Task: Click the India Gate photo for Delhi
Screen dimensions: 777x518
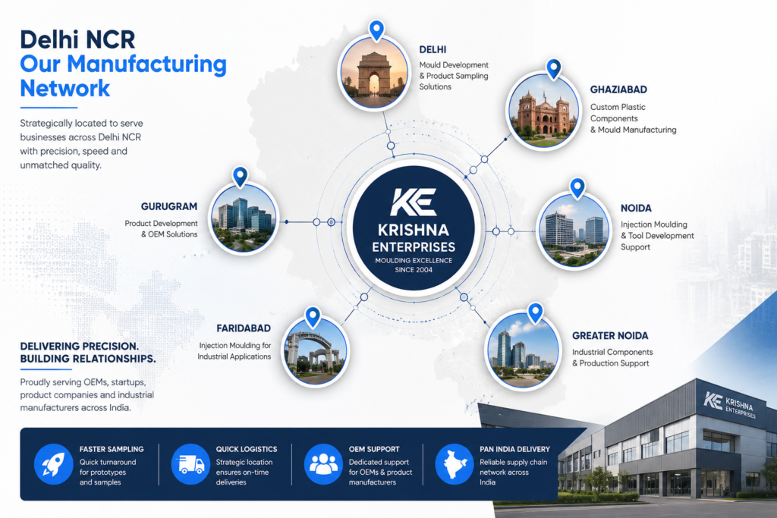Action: pos(374,73)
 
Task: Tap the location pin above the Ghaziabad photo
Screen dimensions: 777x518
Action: pos(553,69)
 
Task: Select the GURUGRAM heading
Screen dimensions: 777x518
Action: pos(169,206)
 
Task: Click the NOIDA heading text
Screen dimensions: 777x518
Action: pos(636,209)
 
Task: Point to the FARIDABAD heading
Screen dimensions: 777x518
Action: pos(244,328)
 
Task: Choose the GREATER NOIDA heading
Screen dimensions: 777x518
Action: pos(610,336)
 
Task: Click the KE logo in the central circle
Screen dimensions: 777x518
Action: pos(414,202)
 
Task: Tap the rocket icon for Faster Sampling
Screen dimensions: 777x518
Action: pos(54,464)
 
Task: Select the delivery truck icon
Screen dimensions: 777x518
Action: pos(190,464)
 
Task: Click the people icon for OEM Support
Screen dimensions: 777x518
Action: pos(323,464)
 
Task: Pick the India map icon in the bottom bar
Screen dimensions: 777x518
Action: pos(455,464)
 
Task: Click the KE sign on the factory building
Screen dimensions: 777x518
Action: pos(713,400)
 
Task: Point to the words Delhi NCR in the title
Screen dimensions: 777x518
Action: pos(77,39)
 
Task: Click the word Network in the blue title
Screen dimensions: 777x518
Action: pos(65,88)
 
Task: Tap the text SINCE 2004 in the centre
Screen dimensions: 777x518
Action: pos(414,270)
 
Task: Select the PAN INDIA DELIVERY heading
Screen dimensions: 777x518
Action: pos(515,449)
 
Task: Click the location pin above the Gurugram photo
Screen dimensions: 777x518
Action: pos(241,177)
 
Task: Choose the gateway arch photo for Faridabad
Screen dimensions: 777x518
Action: pos(315,352)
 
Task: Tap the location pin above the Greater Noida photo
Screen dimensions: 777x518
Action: pos(535,313)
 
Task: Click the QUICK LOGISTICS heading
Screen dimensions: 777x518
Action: pos(247,449)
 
